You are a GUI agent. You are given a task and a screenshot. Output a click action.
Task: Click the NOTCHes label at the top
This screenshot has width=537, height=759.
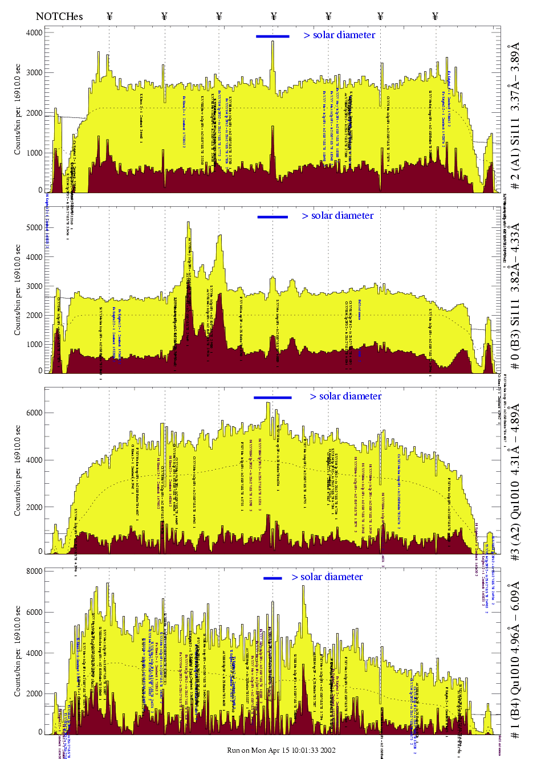[x=59, y=16]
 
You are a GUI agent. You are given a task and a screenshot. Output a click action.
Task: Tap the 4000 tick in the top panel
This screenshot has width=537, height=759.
[x=35, y=32]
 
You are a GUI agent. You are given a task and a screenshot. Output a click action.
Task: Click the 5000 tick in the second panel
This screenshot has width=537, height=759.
[x=35, y=227]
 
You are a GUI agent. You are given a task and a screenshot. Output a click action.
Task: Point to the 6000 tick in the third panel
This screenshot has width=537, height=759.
[x=35, y=413]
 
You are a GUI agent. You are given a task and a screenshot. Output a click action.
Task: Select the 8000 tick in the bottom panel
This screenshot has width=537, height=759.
[x=35, y=571]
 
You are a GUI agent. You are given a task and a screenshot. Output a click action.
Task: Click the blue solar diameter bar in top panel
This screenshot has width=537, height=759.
[x=272, y=36]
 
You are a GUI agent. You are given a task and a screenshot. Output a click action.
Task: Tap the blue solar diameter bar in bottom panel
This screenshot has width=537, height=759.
[x=272, y=578]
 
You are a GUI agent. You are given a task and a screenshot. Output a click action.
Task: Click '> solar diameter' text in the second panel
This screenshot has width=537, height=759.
[x=337, y=215]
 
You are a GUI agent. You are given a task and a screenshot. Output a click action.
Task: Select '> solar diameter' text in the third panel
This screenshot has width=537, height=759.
[x=345, y=396]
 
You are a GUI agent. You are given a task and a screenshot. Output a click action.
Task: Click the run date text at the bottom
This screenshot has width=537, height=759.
[x=281, y=750]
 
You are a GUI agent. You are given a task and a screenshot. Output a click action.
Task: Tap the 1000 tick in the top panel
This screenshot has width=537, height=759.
[x=35, y=153]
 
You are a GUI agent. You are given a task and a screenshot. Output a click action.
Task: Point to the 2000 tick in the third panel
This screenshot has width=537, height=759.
[x=35, y=507]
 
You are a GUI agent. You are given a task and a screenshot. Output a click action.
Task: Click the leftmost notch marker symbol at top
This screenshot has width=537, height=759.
[x=109, y=16]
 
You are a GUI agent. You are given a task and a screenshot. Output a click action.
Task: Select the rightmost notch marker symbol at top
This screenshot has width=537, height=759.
[x=436, y=16]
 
